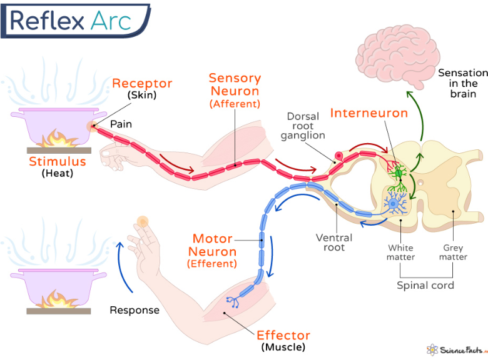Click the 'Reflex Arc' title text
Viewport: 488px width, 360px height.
[x=70, y=20]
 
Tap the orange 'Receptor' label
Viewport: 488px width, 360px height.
[x=142, y=84]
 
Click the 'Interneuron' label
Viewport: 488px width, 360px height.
[x=369, y=113]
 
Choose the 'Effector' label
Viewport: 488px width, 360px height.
[x=283, y=335]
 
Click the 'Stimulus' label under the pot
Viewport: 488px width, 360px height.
[x=57, y=162]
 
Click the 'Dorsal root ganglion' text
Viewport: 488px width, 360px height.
[x=303, y=126]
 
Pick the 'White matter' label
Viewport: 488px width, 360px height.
[x=401, y=252]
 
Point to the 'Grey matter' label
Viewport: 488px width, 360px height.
[x=453, y=252]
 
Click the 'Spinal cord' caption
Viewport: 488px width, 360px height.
[x=425, y=286]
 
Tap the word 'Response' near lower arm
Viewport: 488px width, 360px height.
[x=135, y=310]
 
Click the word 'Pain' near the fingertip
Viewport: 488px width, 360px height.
[x=121, y=124]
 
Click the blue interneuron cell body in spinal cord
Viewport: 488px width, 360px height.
[x=394, y=202]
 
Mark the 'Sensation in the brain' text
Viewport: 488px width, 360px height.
[x=462, y=83]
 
